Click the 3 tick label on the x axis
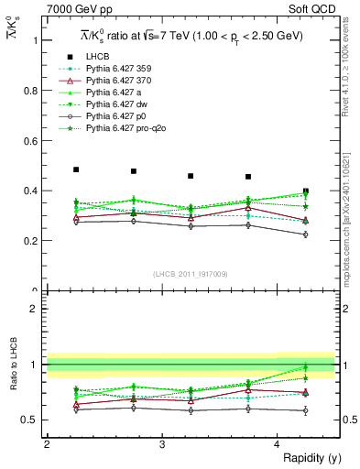pos(162,444)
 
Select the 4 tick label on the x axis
pos(278,444)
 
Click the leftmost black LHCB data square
pos(76,169)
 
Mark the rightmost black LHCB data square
pos(306,191)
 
